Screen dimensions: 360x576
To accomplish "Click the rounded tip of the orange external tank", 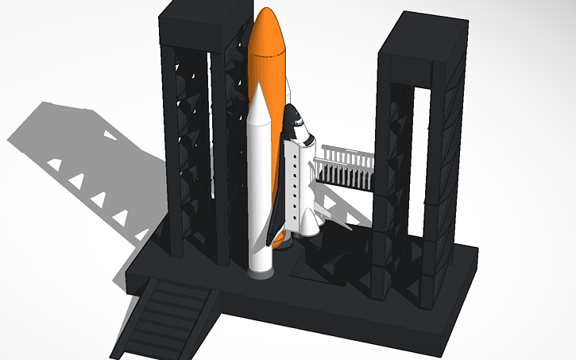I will (267, 17).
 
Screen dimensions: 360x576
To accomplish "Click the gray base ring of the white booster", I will (261, 273).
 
